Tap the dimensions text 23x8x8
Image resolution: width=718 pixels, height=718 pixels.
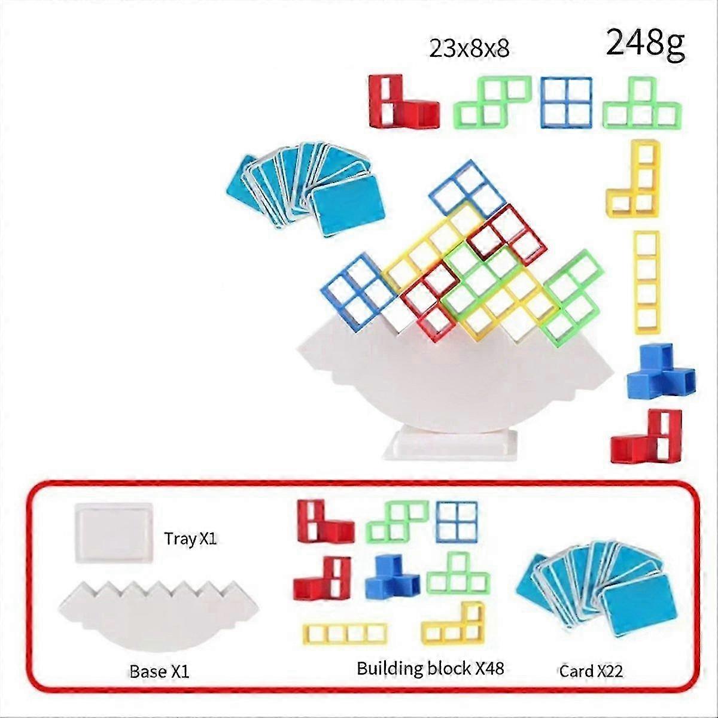pos(469,48)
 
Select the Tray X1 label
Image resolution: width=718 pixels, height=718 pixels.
pos(190,538)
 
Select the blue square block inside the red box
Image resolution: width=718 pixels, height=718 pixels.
pos(457,522)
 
